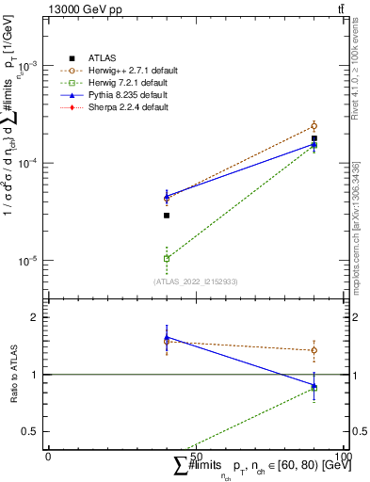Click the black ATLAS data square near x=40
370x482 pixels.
pyautogui.click(x=167, y=216)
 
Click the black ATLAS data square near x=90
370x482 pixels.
pyautogui.click(x=314, y=138)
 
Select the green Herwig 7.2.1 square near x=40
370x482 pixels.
pyautogui.click(x=167, y=258)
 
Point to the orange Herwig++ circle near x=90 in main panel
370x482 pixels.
pyautogui.click(x=314, y=125)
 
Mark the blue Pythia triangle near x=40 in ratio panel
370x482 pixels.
pyautogui.click(x=167, y=337)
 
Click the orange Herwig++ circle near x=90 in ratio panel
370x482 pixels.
pyautogui.click(x=314, y=350)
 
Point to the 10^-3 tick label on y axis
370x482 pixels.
pyautogui.click(x=28, y=66)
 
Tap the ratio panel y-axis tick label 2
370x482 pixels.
pyautogui.click(x=34, y=317)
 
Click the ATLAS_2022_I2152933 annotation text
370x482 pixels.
pyautogui.click(x=196, y=281)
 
